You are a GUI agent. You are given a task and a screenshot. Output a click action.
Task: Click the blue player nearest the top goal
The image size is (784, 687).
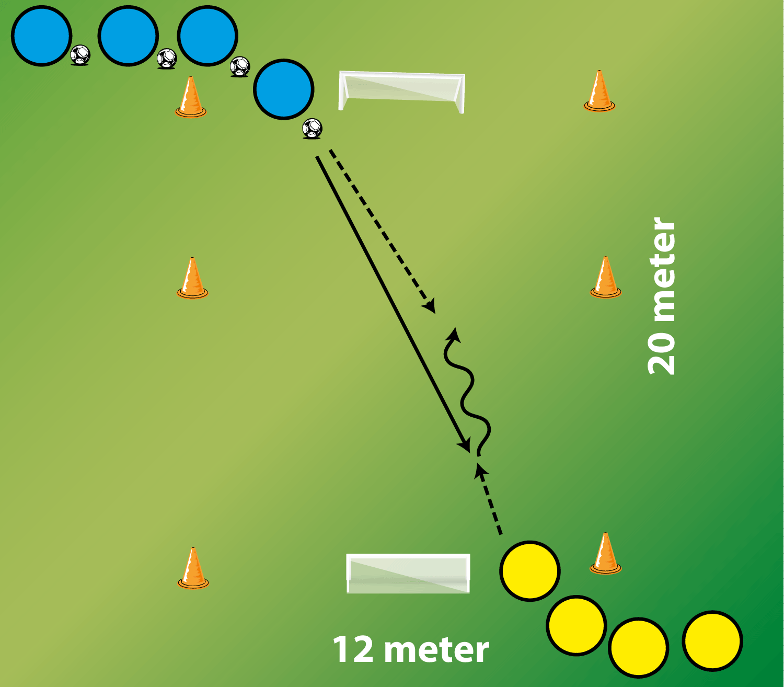[284, 89]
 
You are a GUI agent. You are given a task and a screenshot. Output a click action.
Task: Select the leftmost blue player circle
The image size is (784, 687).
[41, 36]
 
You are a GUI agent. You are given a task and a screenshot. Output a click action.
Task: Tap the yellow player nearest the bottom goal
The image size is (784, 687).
[529, 571]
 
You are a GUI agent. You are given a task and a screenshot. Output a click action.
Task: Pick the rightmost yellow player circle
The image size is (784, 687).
[712, 640]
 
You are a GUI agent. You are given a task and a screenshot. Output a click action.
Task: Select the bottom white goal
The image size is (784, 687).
[408, 573]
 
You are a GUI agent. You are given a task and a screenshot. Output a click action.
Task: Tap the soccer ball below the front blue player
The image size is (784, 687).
[312, 129]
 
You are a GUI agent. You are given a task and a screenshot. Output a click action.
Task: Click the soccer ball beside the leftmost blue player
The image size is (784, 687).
[80, 54]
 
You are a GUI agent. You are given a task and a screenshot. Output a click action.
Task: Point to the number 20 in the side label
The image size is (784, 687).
[662, 353]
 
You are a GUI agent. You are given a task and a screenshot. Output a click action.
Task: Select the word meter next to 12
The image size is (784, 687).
[436, 650]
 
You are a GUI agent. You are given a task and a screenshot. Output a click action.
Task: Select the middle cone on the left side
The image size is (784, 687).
[192, 278]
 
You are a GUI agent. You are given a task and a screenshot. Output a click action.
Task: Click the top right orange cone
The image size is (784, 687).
[599, 91]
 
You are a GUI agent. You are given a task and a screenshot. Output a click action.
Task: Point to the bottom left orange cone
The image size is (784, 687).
[193, 568]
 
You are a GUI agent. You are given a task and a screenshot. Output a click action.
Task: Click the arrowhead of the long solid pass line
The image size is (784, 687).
[465, 446]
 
